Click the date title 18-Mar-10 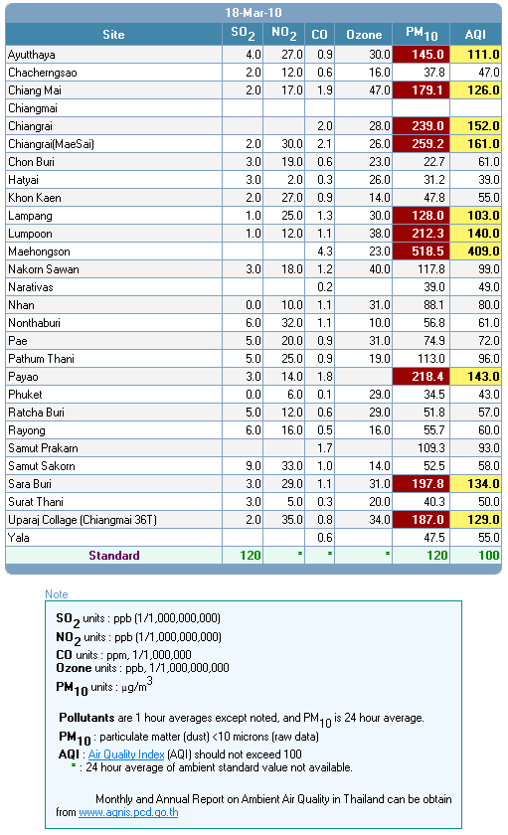253,12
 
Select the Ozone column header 364,35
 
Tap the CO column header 319,35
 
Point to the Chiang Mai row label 35,90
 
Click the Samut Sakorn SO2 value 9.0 253,466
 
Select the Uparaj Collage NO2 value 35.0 292,519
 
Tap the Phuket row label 25,395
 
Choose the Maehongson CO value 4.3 325,250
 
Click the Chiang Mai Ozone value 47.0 380,90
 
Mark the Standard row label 114,556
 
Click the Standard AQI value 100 489,556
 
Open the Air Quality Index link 126,754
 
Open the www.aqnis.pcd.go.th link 128,812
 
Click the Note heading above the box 57,594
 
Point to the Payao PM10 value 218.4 427,377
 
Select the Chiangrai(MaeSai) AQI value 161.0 483,144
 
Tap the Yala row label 19,538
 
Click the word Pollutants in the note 86,718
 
